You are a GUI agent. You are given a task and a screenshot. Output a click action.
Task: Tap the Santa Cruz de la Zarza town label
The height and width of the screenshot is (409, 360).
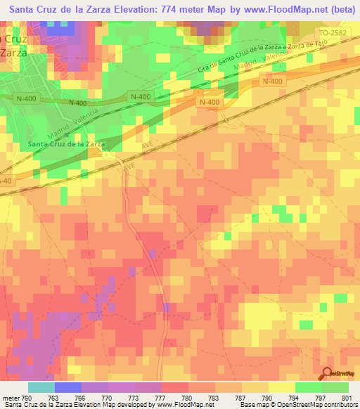[67, 145]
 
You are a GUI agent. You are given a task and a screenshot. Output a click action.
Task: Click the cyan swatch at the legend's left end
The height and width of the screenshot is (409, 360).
[41, 387]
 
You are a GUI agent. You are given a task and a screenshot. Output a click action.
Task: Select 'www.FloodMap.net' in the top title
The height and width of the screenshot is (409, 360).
[278, 11]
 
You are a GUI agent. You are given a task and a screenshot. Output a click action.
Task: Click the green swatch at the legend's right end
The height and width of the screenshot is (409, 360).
[335, 387]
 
